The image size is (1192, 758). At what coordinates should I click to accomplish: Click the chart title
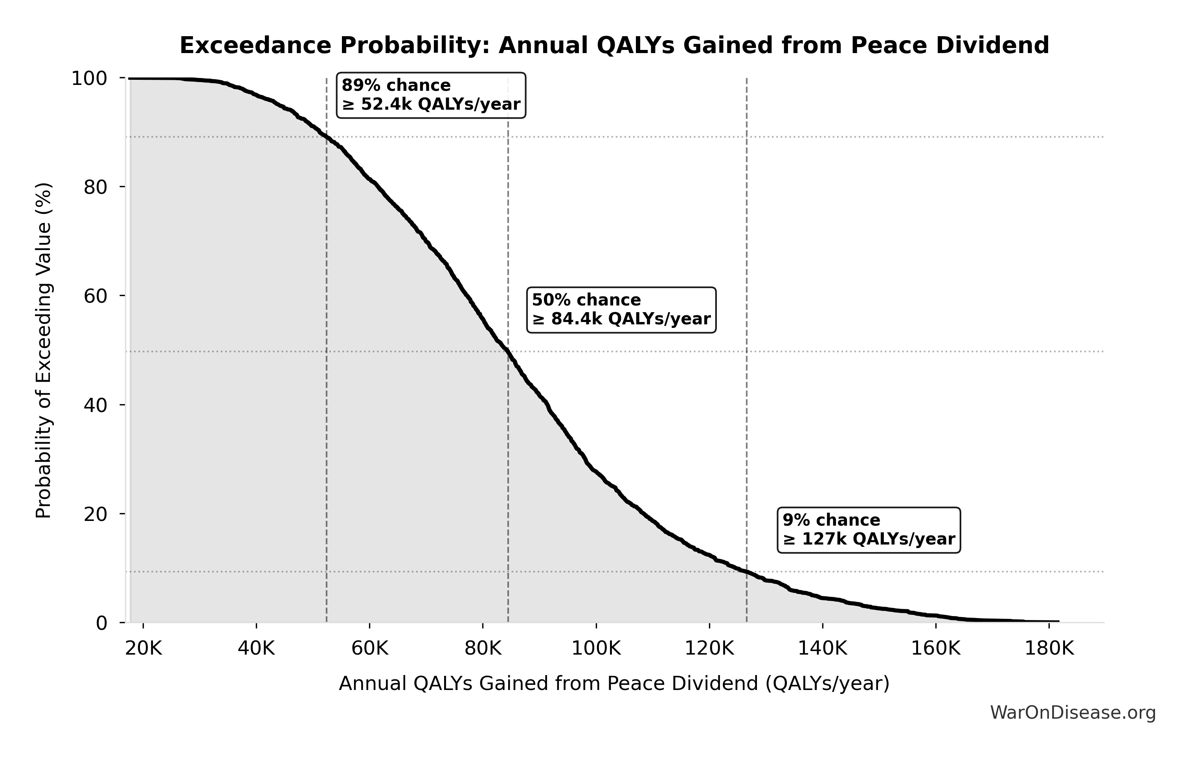[614, 46]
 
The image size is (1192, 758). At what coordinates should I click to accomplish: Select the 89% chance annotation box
[431, 95]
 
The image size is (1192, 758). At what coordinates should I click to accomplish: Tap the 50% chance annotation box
[621, 309]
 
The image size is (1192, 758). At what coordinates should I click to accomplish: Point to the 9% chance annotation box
[869, 529]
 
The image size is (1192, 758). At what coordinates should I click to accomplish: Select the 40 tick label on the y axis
[95, 405]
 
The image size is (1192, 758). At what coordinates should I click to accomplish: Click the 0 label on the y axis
[101, 623]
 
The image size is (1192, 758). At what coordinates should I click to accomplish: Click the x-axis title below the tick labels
[614, 684]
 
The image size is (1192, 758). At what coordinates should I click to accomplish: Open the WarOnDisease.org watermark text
[1073, 713]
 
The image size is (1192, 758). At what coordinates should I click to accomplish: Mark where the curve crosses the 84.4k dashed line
[508, 351]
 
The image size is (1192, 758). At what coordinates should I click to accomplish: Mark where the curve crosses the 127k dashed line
[746, 572]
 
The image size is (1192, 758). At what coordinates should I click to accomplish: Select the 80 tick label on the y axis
[95, 187]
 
